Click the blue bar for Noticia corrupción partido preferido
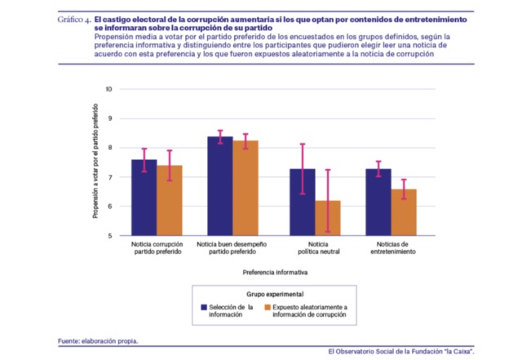(x=144, y=198)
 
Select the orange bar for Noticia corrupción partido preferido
(x=170, y=200)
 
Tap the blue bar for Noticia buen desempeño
(x=220, y=186)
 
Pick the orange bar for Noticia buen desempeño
(x=246, y=188)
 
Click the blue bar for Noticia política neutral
(x=303, y=202)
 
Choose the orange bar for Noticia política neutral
(x=328, y=218)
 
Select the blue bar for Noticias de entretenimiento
(x=378, y=202)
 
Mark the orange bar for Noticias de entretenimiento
(x=404, y=212)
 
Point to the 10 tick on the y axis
(x=108, y=89)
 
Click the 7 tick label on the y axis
(x=109, y=177)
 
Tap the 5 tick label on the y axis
(x=109, y=236)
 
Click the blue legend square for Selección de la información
(x=204, y=307)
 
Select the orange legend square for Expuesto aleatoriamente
(x=268, y=307)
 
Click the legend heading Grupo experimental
(x=275, y=294)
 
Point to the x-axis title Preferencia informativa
(x=275, y=273)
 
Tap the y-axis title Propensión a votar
(x=95, y=161)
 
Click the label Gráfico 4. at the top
(x=74, y=20)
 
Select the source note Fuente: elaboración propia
(x=98, y=341)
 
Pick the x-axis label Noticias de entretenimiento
(x=393, y=247)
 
